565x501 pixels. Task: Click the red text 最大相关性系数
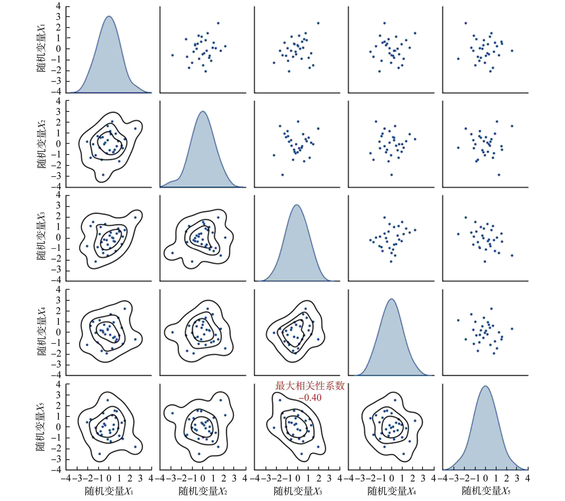(310, 386)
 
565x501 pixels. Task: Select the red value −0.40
(310, 398)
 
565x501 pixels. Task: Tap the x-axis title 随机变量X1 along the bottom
(109, 491)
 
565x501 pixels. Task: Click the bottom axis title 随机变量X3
(297, 491)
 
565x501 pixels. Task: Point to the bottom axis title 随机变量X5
(486, 491)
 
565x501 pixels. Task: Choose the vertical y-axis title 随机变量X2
(41, 144)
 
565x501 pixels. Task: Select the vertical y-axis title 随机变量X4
(41, 332)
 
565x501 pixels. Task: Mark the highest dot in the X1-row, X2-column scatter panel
(218, 23)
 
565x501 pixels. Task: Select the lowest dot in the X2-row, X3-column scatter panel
(282, 175)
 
